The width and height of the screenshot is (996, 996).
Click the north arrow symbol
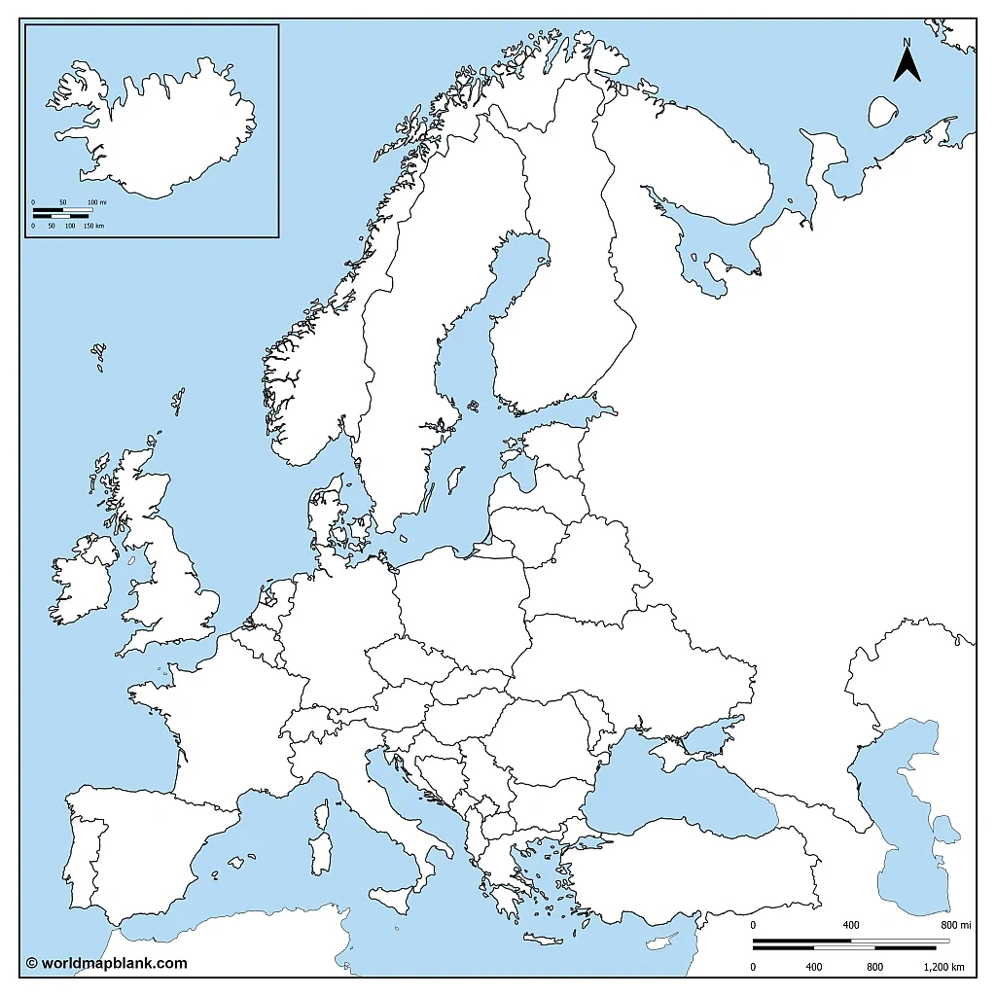[907, 66]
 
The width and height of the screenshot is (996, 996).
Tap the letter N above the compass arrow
[907, 42]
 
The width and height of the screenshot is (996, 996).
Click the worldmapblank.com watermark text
[106, 963]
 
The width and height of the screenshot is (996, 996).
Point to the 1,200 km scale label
[944, 967]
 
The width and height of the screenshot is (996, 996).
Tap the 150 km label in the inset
[93, 226]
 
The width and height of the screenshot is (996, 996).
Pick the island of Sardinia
[320, 852]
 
